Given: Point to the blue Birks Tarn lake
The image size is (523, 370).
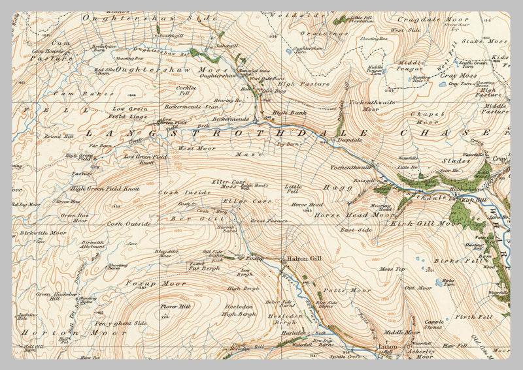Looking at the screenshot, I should coord(438,283).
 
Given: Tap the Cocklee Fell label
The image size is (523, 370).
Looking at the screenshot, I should coord(186,91).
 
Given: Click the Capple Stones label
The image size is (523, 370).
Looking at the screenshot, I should coord(434,324).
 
